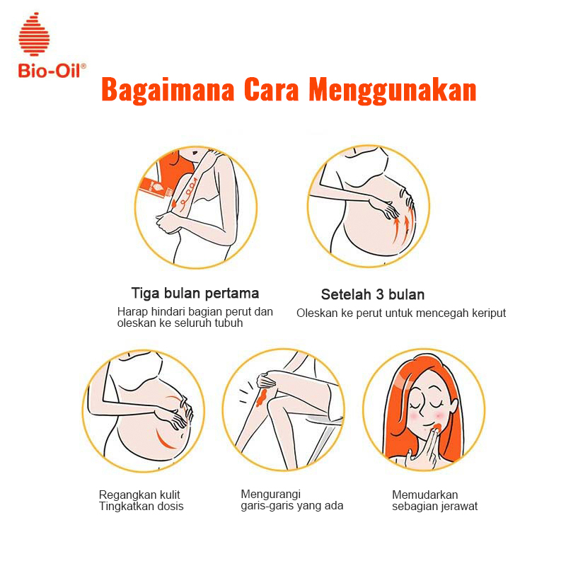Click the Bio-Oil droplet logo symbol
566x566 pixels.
tap(34, 34)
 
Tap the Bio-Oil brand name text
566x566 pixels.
tap(52, 70)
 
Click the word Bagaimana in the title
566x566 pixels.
tap(168, 90)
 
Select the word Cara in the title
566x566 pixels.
tap(271, 90)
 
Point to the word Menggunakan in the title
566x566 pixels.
tap(393, 91)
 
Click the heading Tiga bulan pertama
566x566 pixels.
tap(195, 293)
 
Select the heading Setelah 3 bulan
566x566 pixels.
tap(373, 294)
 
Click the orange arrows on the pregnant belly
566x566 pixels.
tap(403, 224)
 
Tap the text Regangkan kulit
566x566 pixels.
tap(139, 495)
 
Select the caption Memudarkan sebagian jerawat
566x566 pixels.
tap(434, 500)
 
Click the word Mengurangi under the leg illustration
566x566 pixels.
tap(271, 494)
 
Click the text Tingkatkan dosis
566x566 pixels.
tap(141, 506)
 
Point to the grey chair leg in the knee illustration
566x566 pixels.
tap(323, 442)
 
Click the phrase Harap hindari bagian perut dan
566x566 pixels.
tap(195, 311)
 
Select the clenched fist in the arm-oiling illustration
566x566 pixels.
tap(167, 223)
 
